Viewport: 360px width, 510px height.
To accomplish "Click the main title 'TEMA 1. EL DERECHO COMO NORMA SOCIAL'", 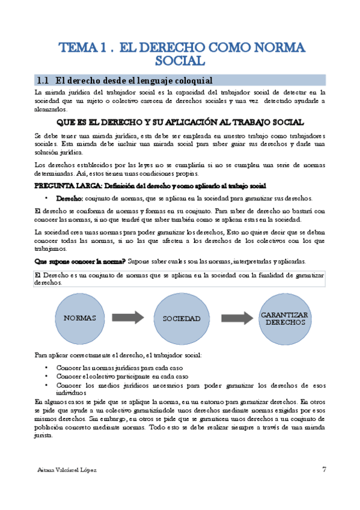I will point(180,53).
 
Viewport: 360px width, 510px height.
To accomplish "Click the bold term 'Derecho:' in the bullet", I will point(70,198).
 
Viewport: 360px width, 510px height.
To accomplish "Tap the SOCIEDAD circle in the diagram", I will point(180,318).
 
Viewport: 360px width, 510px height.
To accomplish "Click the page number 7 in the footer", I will point(324,469).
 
